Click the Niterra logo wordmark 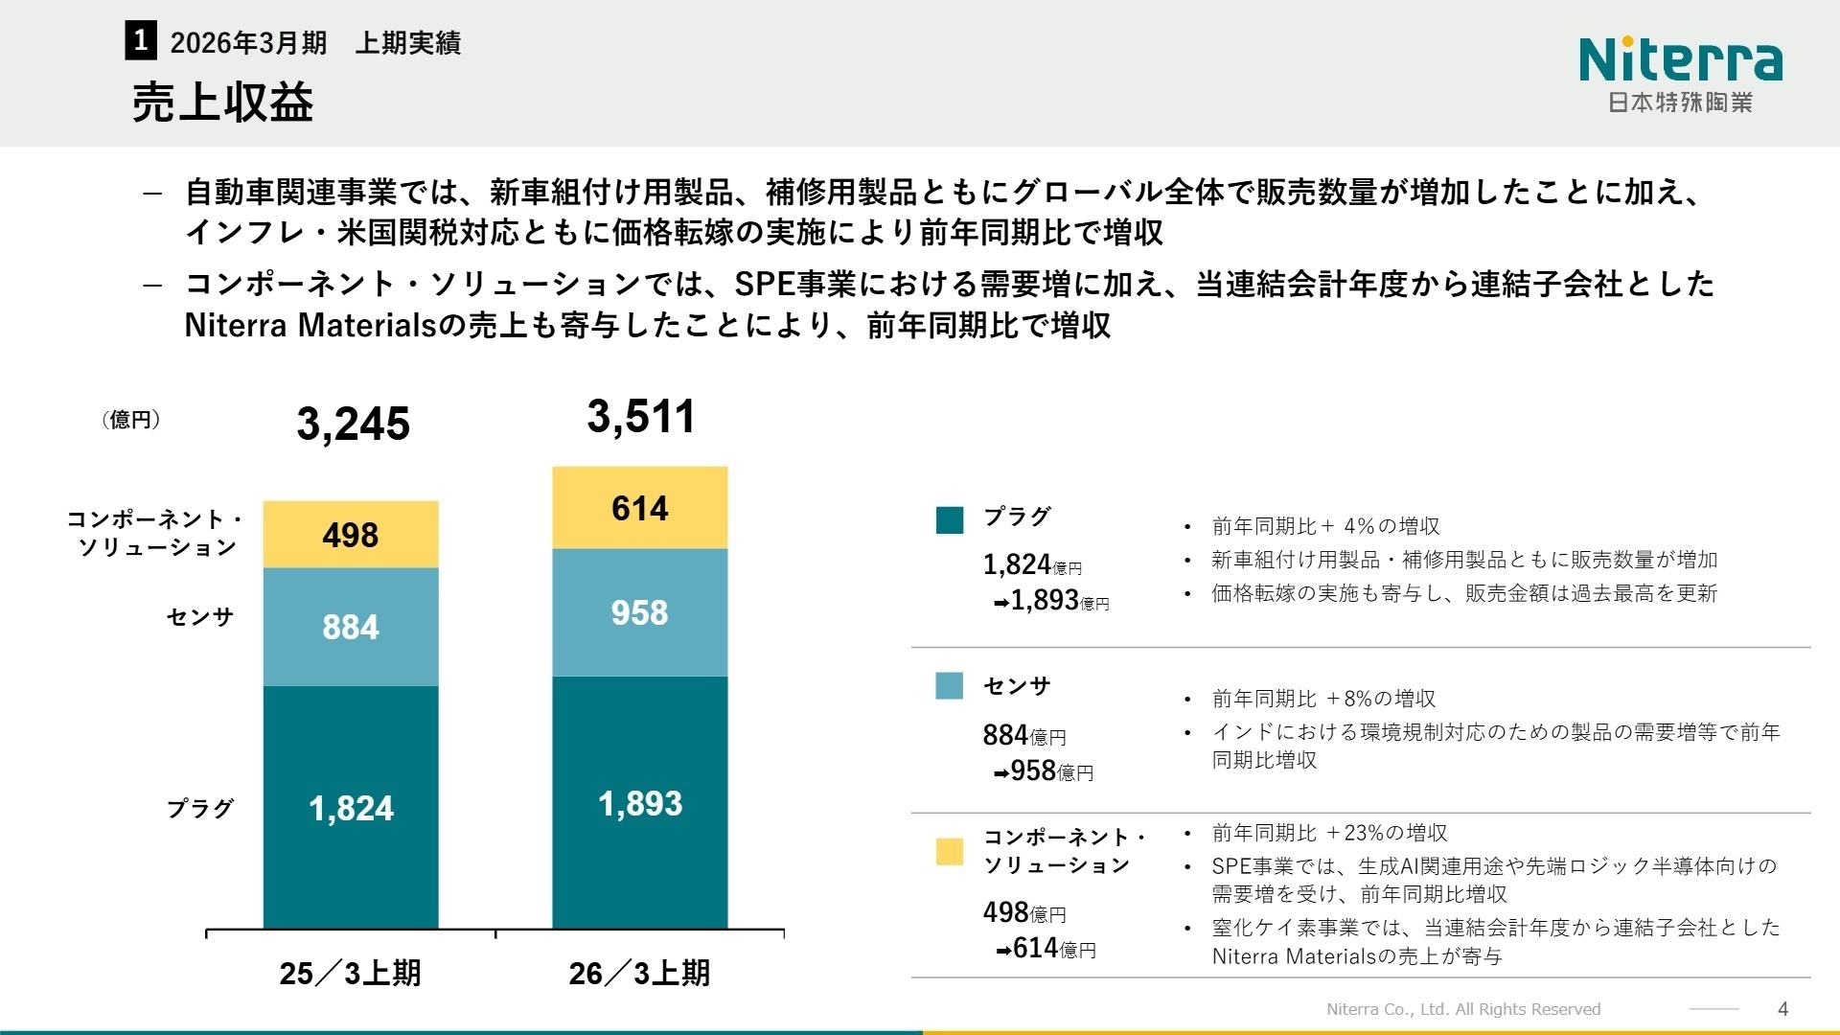coord(1680,59)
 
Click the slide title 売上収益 coord(222,103)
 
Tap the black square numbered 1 coord(140,41)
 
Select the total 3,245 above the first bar coord(353,424)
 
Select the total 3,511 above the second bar coord(640,417)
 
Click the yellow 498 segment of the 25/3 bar coord(351,535)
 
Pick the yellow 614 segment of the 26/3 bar coord(640,508)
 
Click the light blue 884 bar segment coord(351,627)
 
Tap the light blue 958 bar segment coord(640,612)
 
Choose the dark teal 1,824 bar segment coord(351,808)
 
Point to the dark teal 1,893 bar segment coord(640,803)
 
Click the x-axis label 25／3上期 coord(351,973)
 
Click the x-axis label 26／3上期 coord(640,973)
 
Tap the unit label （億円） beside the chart coord(131,420)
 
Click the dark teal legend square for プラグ coord(949,519)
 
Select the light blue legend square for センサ coord(949,686)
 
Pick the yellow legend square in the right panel coord(949,852)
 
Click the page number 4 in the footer coord(1782,1008)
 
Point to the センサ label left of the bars coord(199,616)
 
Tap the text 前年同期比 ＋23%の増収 coord(1329,833)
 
